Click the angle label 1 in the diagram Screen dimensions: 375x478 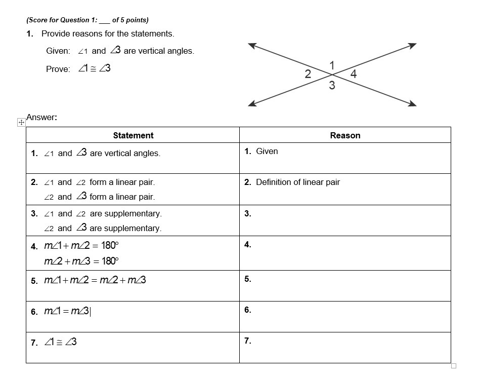(332, 65)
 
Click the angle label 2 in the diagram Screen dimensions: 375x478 (308, 74)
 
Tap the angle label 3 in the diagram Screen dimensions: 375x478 (332, 86)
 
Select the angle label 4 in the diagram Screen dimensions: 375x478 (353, 74)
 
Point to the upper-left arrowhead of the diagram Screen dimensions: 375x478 (252, 45)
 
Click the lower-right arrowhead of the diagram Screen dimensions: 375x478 (412, 104)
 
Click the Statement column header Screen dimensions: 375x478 (133, 135)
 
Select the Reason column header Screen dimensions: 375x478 (345, 135)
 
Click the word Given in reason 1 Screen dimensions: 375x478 (267, 151)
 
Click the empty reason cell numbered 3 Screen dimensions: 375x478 (345, 220)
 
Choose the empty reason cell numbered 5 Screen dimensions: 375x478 (345, 286)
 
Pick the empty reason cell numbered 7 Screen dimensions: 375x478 (345, 348)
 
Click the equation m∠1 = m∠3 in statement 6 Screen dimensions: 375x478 (67, 311)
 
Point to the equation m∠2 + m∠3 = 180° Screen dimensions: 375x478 (81, 261)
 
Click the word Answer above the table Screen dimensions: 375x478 (40, 117)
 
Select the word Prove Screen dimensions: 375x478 (58, 69)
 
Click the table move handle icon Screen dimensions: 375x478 (21, 122)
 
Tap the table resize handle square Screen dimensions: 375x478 (454, 366)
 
